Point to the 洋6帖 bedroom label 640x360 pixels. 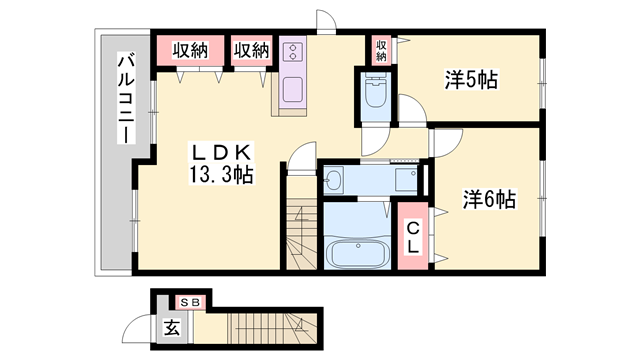[x=488, y=199]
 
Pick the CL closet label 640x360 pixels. [x=412, y=237]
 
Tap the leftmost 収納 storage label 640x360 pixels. [x=188, y=49]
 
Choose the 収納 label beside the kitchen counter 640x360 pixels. [x=251, y=49]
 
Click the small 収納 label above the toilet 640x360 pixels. [x=382, y=49]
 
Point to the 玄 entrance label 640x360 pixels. [x=171, y=325]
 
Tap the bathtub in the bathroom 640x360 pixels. [x=357, y=253]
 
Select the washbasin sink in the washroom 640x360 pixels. [x=335, y=181]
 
